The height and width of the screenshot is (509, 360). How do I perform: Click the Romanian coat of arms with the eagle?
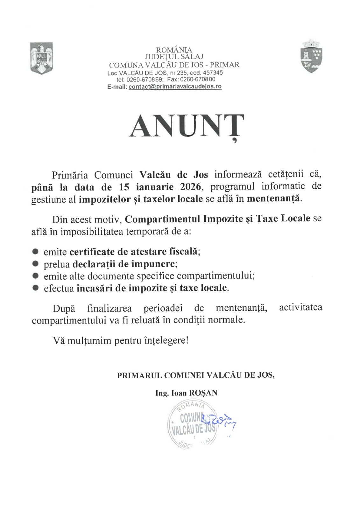click(41, 59)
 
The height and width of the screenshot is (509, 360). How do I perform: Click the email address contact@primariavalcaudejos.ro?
click(175, 87)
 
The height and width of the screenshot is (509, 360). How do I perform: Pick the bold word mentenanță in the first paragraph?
click(273, 199)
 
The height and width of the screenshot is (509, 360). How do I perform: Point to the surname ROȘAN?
click(203, 393)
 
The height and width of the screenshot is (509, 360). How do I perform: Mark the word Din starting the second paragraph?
click(60, 219)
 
